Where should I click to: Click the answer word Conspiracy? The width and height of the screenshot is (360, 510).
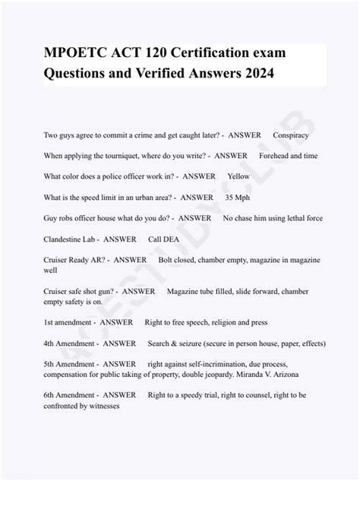tap(291, 135)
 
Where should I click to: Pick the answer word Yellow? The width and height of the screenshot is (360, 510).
tap(238, 176)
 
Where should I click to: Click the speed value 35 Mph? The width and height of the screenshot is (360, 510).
tap(238, 198)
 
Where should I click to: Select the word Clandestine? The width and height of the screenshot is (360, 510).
tap(68, 239)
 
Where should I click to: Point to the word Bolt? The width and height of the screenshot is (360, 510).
tap(167, 260)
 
